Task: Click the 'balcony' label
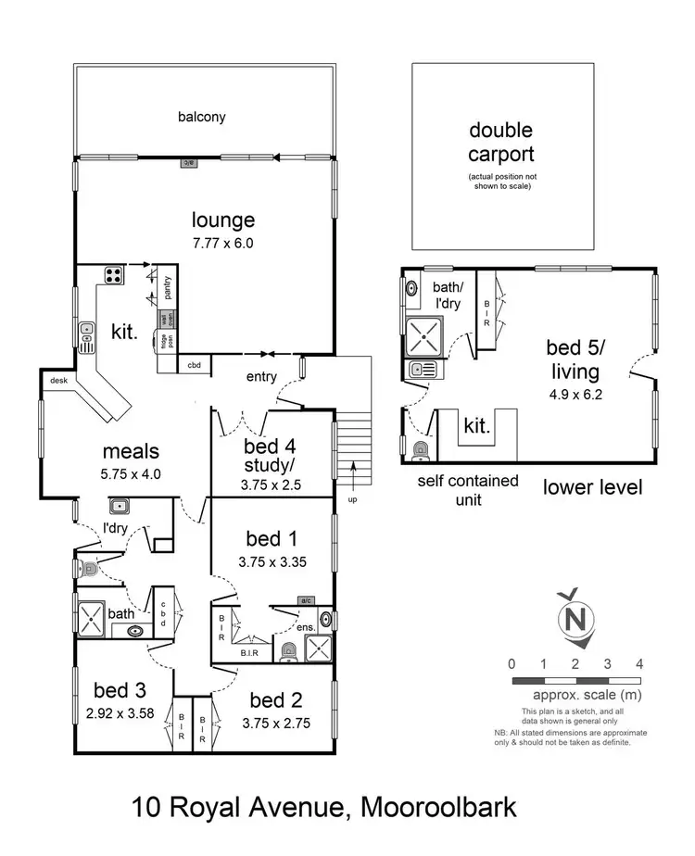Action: click(x=202, y=118)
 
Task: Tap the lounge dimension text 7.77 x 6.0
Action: click(x=222, y=244)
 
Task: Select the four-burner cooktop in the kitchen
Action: click(x=114, y=275)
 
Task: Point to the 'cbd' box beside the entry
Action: click(x=195, y=365)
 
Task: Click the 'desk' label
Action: click(x=57, y=378)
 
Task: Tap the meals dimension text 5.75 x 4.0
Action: click(x=131, y=473)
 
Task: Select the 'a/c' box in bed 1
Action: click(x=306, y=600)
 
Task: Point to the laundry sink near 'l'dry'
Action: click(x=119, y=506)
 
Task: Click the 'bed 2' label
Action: click(x=275, y=699)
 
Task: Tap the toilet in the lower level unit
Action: click(x=421, y=450)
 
